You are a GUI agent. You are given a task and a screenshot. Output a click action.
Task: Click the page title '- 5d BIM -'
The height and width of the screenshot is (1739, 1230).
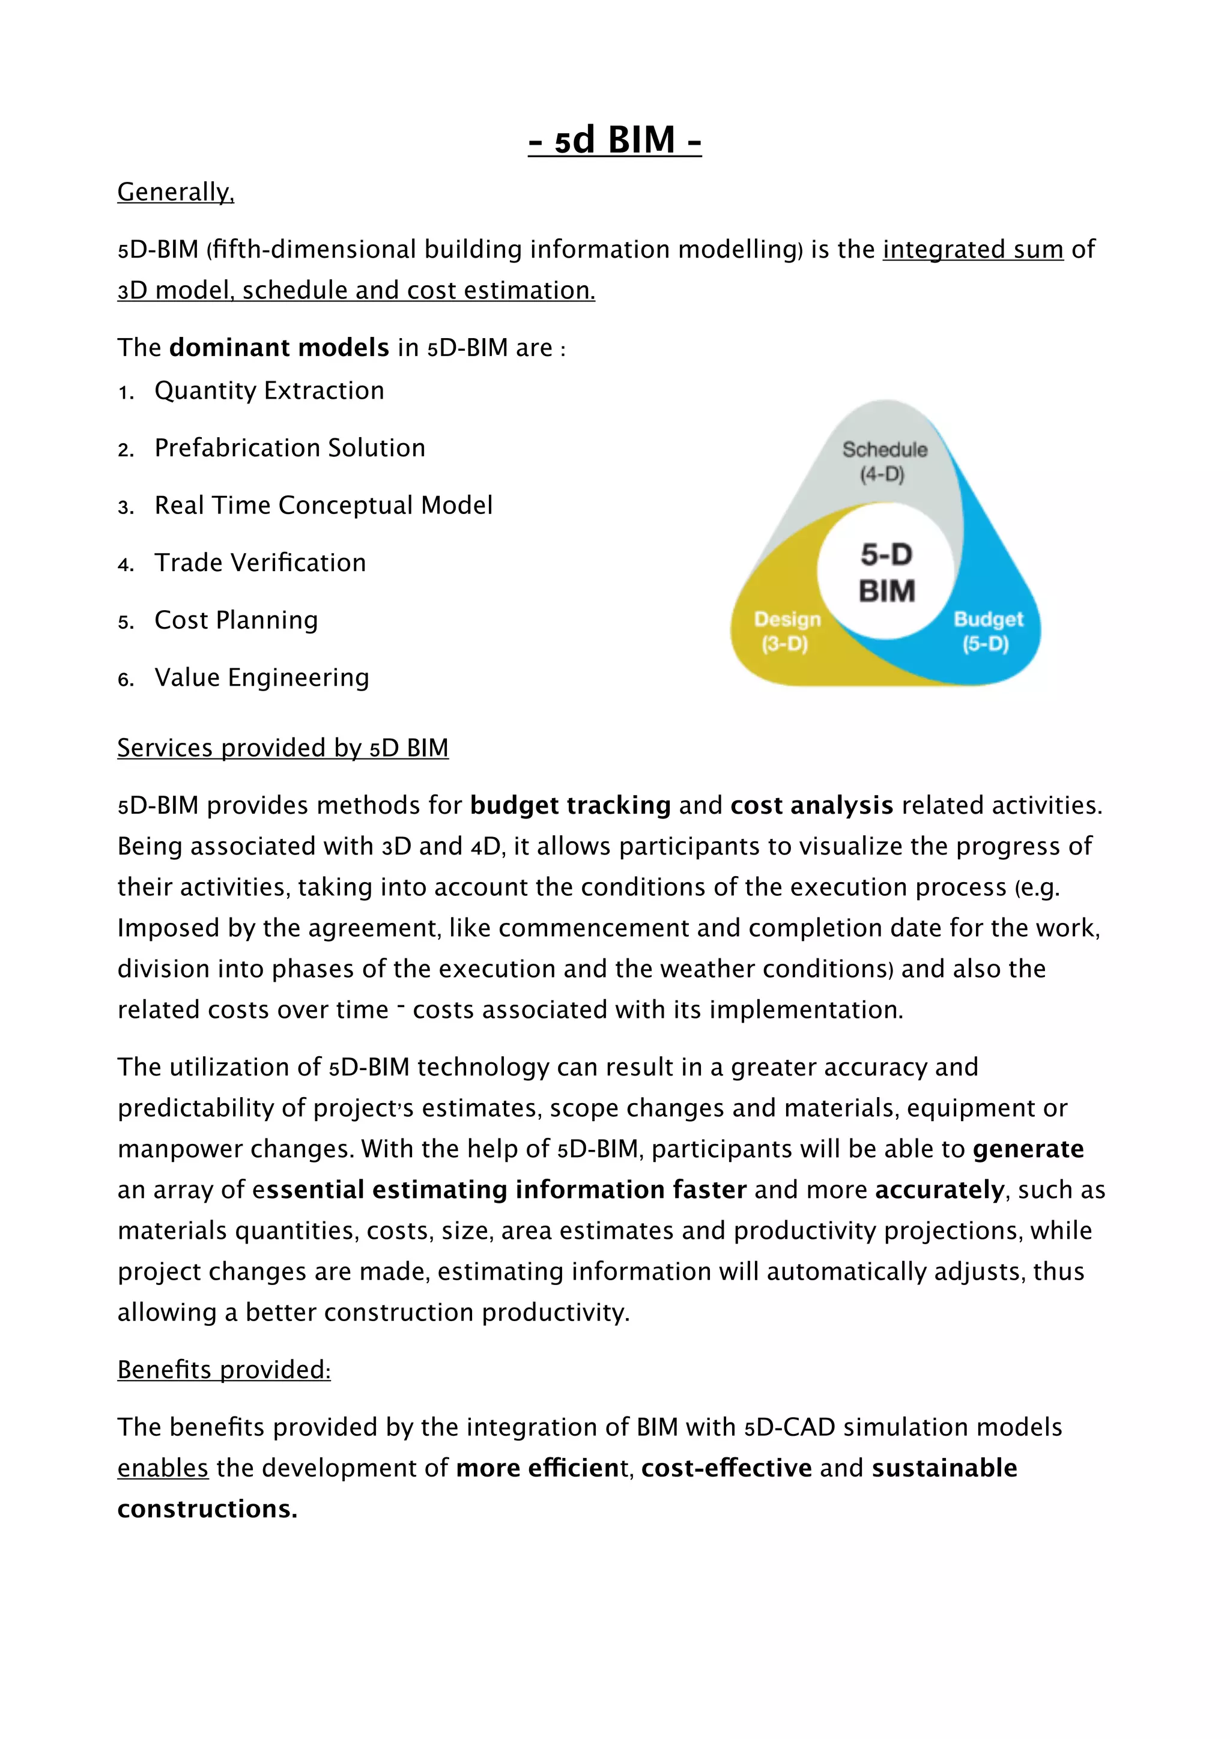(614, 140)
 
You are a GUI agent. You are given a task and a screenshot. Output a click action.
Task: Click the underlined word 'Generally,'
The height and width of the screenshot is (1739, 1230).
(176, 192)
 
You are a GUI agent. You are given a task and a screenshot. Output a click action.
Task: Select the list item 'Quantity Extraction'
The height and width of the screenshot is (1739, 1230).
(269, 391)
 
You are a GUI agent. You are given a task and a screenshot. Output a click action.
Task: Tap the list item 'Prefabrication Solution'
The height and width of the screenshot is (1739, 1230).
(289, 449)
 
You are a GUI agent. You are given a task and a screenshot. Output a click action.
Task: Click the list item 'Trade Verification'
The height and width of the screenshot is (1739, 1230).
(260, 563)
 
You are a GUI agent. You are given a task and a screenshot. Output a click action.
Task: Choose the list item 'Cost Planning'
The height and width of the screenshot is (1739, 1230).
(235, 620)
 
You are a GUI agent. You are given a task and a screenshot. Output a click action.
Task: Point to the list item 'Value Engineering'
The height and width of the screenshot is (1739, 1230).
(261, 678)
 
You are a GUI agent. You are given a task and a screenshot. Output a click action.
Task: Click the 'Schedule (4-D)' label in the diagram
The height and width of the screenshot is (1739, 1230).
(884, 461)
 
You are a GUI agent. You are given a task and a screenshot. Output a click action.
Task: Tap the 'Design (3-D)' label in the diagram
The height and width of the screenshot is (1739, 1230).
(786, 631)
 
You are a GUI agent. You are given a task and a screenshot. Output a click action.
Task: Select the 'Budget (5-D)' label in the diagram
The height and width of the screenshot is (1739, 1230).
(987, 631)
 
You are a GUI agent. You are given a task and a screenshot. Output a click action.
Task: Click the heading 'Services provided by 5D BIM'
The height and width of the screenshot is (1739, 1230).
(282, 748)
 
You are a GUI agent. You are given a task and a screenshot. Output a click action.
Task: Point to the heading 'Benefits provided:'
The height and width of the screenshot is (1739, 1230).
(223, 1369)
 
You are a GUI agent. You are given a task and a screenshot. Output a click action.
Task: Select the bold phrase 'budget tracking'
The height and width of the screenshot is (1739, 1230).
(571, 805)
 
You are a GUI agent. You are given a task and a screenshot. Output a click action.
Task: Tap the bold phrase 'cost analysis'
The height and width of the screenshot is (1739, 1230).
(811, 805)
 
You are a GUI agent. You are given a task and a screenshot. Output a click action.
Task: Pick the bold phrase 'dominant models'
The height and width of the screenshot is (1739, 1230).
(279, 348)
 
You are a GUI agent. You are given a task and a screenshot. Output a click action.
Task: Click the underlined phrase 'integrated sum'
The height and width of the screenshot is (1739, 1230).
(972, 249)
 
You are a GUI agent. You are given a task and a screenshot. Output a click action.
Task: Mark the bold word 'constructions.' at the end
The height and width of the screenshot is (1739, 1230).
(207, 1509)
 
